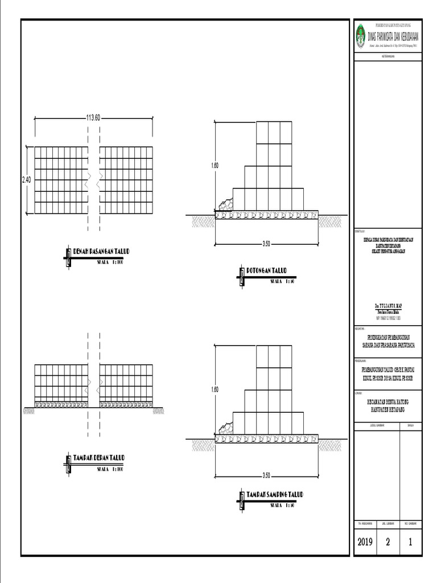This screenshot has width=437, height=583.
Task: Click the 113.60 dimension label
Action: [93, 118]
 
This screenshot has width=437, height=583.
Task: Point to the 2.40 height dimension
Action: [27, 180]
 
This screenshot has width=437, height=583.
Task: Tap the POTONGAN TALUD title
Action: [266, 270]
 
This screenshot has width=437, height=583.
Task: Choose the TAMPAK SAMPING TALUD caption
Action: [275, 494]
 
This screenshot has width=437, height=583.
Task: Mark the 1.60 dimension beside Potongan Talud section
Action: [215, 166]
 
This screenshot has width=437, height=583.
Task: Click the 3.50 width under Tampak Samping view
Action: [266, 475]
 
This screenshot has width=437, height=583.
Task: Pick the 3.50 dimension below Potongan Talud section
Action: [266, 244]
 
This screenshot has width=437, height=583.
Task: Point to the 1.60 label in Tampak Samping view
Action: [215, 389]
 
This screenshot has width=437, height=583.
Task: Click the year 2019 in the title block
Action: [365, 542]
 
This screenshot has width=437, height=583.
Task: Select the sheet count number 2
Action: [387, 542]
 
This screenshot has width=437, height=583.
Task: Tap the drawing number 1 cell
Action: [410, 542]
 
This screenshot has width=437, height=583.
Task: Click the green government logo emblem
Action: [360, 36]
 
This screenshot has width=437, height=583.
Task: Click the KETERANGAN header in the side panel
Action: [388, 57]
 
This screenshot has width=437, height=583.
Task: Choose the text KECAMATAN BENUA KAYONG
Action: [388, 401]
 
